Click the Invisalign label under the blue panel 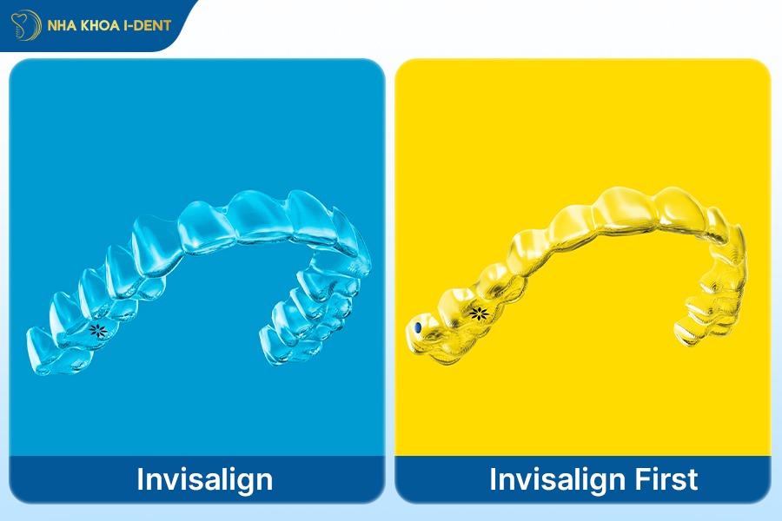[x=205, y=479]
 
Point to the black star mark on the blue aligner [x=100, y=329]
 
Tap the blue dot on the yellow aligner [x=419, y=326]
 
